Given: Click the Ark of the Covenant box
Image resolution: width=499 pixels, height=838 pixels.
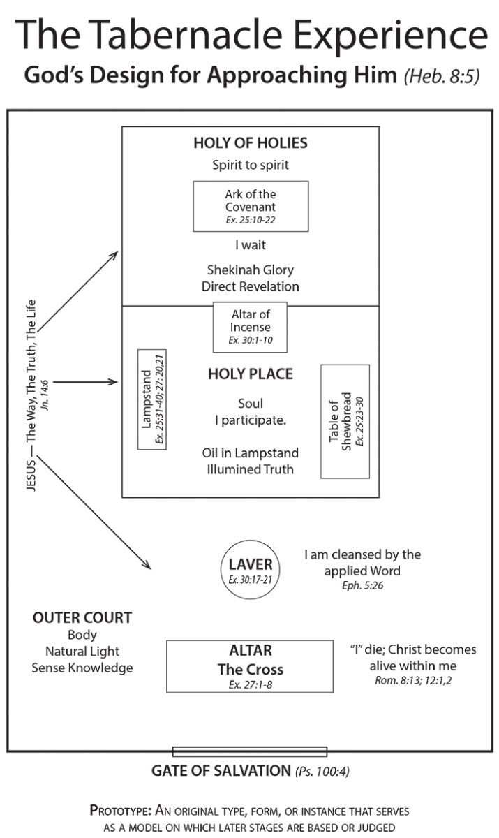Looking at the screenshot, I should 251,206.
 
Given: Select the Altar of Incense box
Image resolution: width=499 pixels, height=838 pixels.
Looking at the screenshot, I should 251,328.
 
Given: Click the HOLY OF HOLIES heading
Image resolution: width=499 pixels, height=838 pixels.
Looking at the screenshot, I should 251,144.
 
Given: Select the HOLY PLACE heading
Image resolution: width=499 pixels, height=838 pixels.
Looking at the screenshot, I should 251,374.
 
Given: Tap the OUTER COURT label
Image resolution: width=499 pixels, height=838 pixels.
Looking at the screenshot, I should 82,619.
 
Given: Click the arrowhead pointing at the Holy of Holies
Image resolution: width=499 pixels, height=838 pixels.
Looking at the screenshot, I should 115,256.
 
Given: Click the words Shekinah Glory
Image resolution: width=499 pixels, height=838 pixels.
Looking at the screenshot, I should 251,270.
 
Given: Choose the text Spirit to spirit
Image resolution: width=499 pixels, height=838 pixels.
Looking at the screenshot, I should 251,166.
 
